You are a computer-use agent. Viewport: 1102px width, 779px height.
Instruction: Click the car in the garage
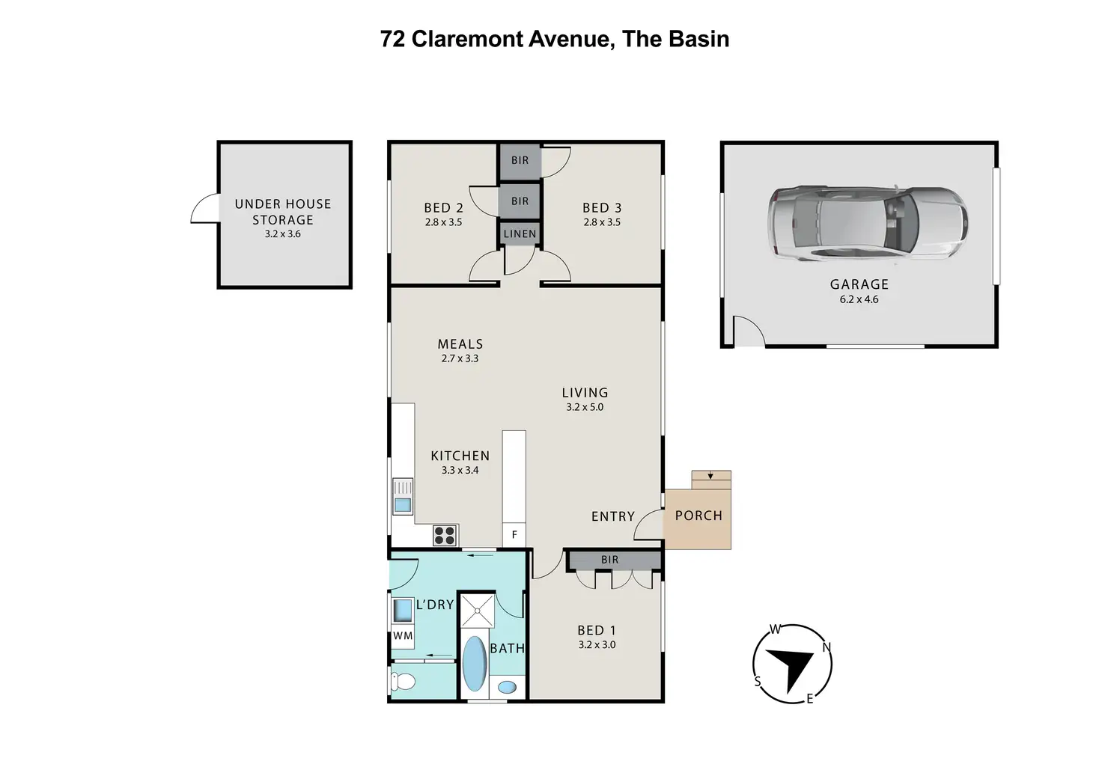tap(868, 223)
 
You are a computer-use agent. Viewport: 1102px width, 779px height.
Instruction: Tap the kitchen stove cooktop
tap(445, 535)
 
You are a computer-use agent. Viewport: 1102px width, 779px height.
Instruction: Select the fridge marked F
tap(514, 534)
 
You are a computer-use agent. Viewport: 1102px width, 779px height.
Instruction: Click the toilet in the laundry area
tap(404, 682)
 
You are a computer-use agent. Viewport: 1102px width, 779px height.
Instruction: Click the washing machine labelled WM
tap(403, 636)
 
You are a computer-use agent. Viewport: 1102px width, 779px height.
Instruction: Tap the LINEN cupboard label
tap(520, 234)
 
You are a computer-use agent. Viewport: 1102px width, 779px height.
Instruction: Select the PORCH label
tap(698, 516)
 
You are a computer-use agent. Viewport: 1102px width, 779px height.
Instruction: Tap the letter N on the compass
tap(827, 647)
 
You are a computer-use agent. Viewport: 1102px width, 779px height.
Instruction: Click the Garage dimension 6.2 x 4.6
tap(859, 299)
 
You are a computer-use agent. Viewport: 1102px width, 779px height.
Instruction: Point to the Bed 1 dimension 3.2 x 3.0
tap(597, 645)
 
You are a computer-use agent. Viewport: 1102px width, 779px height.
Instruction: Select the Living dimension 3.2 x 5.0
tap(585, 407)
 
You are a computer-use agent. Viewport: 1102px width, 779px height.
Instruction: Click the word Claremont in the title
tap(467, 40)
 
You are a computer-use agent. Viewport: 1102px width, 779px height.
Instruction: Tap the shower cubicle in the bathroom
tap(478, 611)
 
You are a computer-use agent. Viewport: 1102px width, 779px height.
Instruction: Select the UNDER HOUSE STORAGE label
tap(283, 212)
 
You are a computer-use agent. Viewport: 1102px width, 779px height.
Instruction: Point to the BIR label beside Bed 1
tap(610, 560)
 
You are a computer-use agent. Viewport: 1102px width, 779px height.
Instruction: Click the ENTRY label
tap(613, 516)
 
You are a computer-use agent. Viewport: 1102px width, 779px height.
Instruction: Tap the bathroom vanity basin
tap(508, 687)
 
